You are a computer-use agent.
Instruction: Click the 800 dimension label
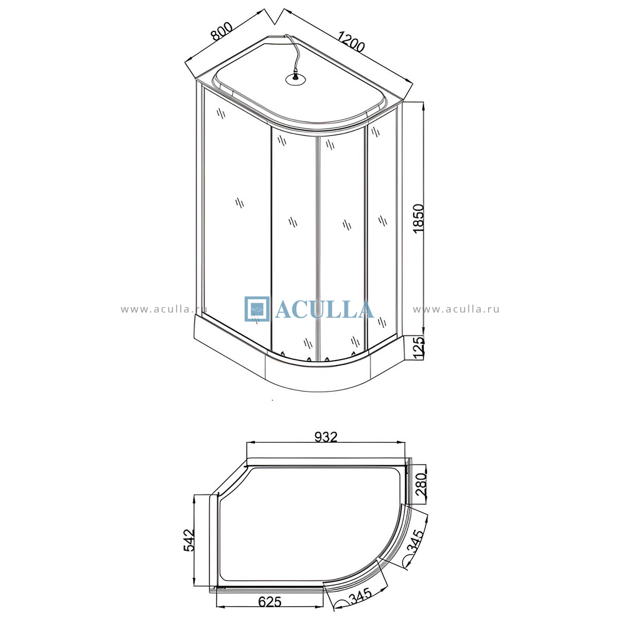221,31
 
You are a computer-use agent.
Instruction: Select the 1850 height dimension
419,219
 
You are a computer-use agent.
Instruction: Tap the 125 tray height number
419,347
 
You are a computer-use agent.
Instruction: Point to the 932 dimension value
326,437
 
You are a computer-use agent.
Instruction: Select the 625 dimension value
270,602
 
